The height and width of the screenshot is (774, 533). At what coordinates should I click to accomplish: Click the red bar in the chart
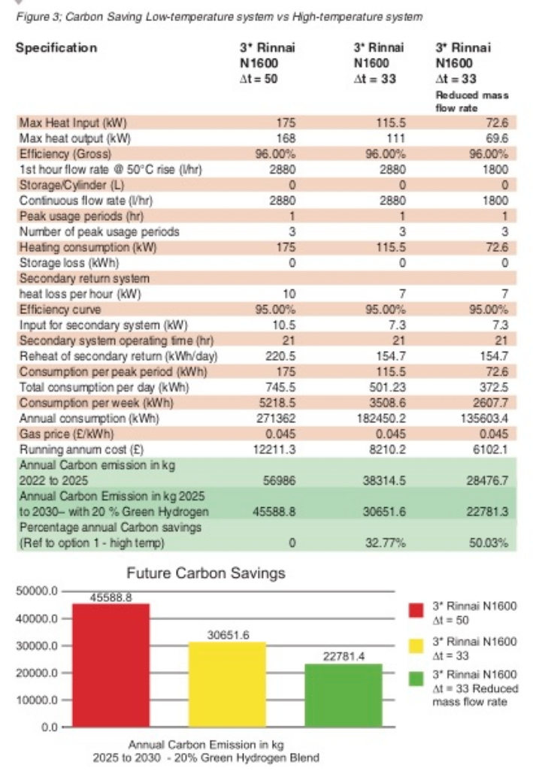(111, 665)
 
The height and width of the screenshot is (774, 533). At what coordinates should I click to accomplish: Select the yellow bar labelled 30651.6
(227, 684)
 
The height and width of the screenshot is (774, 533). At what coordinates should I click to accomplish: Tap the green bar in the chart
(344, 695)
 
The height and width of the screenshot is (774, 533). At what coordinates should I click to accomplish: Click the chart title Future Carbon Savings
(206, 573)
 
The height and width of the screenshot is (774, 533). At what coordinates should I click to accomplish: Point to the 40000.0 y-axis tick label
(37, 618)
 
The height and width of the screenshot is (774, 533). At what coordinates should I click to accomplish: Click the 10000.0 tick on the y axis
(37, 700)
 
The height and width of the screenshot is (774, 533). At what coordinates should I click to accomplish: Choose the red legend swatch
(416, 610)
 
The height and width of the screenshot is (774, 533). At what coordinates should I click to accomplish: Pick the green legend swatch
(416, 679)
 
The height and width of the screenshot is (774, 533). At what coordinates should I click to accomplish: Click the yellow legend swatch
(416, 646)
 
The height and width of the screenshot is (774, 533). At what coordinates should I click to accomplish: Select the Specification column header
(56, 48)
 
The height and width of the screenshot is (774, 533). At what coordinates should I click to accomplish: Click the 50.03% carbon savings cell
(488, 543)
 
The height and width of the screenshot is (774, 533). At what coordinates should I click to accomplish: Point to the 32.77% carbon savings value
(386, 543)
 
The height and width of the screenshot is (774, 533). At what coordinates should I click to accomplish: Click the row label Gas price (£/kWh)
(67, 434)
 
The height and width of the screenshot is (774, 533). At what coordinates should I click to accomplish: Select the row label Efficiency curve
(60, 310)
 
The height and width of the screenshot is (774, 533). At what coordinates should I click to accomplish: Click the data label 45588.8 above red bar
(111, 597)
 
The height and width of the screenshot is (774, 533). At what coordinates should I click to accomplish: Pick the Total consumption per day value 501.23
(387, 388)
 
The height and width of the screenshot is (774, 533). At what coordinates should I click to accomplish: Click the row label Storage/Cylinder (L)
(71, 185)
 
